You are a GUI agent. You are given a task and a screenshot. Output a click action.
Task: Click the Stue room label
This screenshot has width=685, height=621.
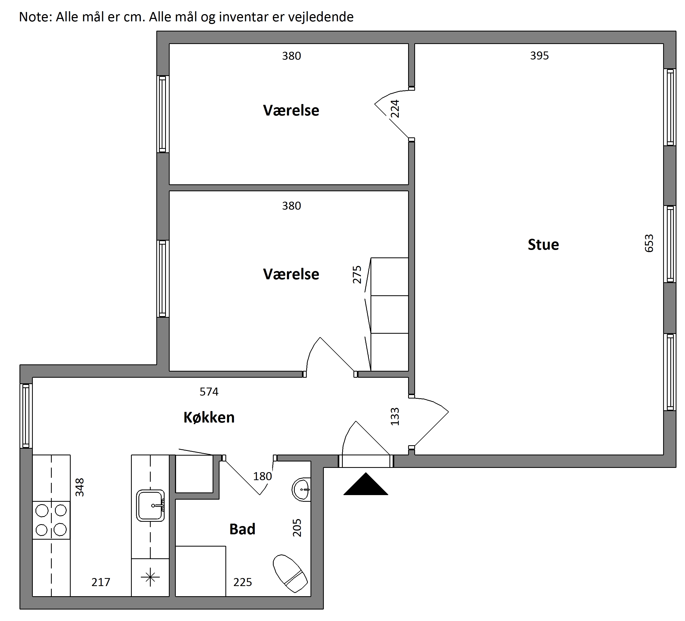pyautogui.click(x=543, y=245)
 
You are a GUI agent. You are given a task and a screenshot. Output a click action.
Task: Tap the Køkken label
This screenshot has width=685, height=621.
pyautogui.click(x=209, y=417)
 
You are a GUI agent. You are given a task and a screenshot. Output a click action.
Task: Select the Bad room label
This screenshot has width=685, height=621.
pyautogui.click(x=242, y=529)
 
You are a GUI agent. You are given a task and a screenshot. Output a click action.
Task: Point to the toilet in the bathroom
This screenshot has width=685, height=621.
pyautogui.click(x=290, y=574)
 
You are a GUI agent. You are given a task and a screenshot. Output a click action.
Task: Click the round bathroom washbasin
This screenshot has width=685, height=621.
pyautogui.click(x=301, y=489)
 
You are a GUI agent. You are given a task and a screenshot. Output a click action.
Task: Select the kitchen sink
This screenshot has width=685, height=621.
pyautogui.click(x=150, y=505)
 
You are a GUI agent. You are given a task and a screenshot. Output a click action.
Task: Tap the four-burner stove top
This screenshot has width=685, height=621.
pyautogui.click(x=51, y=520)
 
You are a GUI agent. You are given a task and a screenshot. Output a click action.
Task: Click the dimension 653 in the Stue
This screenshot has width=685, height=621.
pyautogui.click(x=649, y=243)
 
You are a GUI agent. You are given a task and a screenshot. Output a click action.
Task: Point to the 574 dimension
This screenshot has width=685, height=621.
pyautogui.click(x=209, y=392)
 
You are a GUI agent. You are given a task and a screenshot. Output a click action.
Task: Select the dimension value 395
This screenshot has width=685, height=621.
pyautogui.click(x=539, y=56)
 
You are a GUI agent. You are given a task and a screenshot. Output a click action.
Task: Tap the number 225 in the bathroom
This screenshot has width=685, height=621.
pyautogui.click(x=243, y=582)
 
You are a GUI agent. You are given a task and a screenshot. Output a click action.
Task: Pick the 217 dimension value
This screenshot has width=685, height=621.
pyautogui.click(x=101, y=582)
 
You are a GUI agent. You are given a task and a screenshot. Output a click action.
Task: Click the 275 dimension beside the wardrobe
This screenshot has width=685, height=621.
pyautogui.click(x=357, y=274)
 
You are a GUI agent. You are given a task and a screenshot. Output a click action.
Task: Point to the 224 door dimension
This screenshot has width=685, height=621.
pyautogui.click(x=395, y=109)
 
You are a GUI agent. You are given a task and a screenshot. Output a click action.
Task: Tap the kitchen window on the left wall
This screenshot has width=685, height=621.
pyautogui.click(x=26, y=416)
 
